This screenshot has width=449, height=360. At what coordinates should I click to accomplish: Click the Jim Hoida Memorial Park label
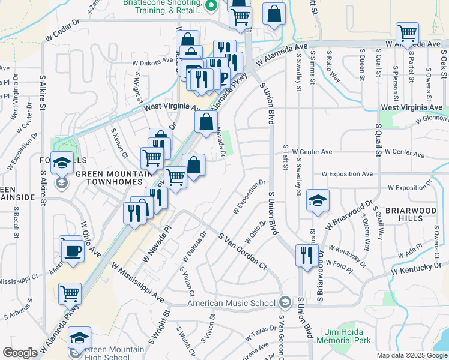click(x=348, y=336)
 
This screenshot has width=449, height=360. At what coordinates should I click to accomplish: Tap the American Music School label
click(x=234, y=303)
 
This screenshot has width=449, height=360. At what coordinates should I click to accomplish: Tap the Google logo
click(x=20, y=353)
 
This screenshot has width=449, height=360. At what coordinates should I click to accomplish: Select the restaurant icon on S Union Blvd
click(x=307, y=255)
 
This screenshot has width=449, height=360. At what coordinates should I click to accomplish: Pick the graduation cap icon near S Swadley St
click(x=318, y=201)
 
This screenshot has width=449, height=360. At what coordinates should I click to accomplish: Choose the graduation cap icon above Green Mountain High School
click(x=80, y=338)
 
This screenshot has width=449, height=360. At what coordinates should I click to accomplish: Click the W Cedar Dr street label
click(x=62, y=29)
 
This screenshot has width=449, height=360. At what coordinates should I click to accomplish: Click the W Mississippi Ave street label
click(x=137, y=281)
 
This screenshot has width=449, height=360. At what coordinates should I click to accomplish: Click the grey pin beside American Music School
click(x=285, y=302)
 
